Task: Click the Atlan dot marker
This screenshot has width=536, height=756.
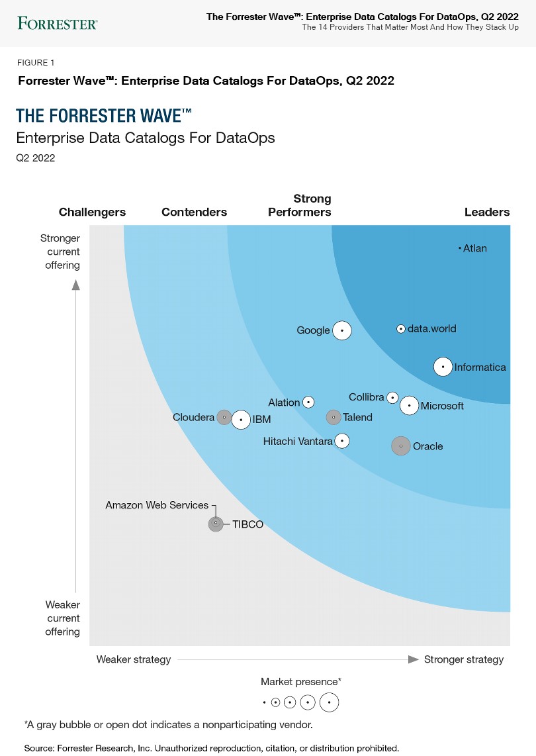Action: [x=459, y=248]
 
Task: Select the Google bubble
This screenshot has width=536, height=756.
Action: [x=341, y=330]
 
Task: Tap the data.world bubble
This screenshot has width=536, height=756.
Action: [x=400, y=328]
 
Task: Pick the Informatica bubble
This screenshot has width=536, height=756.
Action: [x=443, y=367]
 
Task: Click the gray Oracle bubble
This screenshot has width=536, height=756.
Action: [x=400, y=446]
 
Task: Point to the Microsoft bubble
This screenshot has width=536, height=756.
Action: [x=410, y=405]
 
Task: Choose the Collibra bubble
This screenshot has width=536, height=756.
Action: [x=392, y=398]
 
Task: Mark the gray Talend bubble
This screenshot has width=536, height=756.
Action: [x=334, y=417]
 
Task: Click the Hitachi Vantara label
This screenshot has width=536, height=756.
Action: [x=298, y=441]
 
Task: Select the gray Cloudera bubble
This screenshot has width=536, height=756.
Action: [x=224, y=417]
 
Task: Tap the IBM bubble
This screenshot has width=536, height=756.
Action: [x=241, y=419]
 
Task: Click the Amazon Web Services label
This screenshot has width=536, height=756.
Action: [x=157, y=505]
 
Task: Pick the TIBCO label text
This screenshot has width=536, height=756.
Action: [x=247, y=524]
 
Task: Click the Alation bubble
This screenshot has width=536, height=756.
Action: [x=308, y=402]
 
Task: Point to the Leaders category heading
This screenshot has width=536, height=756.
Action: [x=487, y=212]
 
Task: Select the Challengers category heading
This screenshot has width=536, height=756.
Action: [x=92, y=212]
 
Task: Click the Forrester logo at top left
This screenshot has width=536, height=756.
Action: [x=58, y=24]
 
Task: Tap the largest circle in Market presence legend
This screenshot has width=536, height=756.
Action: [x=329, y=702]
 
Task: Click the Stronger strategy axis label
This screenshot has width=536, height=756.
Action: [x=463, y=659]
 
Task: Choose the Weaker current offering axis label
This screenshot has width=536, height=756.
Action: [x=63, y=618]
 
